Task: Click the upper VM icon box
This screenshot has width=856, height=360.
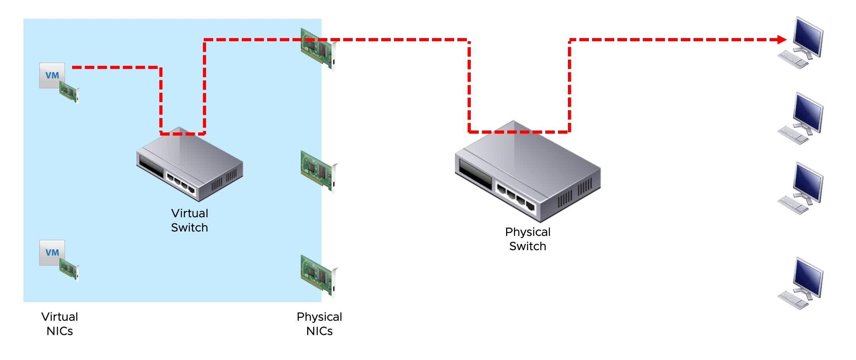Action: click(52, 75)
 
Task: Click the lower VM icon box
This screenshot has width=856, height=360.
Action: click(52, 253)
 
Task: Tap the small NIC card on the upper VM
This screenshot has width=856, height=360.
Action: click(69, 92)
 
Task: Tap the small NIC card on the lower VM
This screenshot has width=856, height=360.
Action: click(69, 270)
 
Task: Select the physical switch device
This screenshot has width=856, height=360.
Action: click(527, 171)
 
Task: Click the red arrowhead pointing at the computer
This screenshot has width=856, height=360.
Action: click(782, 40)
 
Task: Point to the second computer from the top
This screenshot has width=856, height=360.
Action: click(801, 119)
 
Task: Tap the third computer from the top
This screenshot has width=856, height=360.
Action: click(801, 188)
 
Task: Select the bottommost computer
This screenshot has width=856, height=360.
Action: click(801, 283)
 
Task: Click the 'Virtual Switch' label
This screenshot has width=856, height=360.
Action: click(189, 220)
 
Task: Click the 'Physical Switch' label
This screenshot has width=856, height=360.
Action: click(527, 239)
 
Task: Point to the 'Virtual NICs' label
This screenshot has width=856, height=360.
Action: click(59, 324)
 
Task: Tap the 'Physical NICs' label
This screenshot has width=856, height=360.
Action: click(319, 324)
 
